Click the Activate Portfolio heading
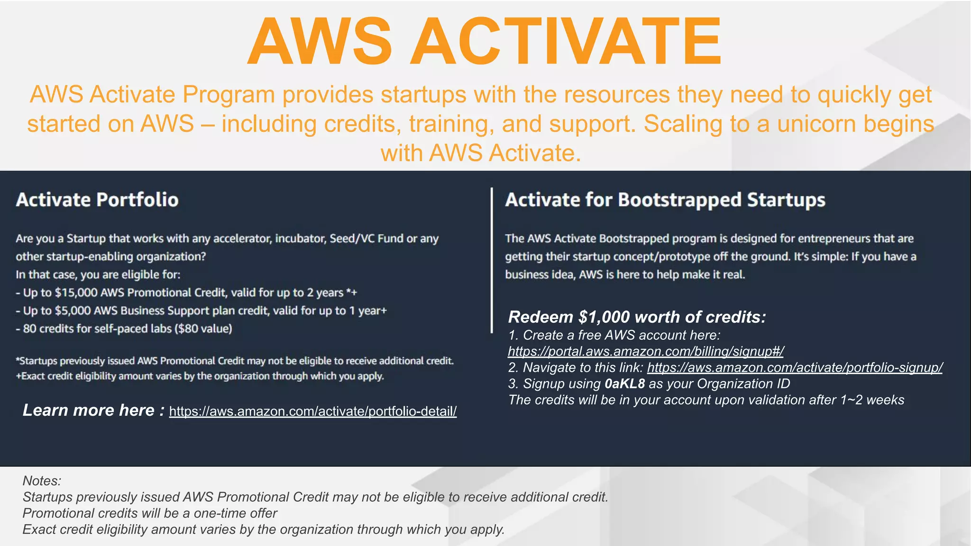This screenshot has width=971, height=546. pyautogui.click(x=97, y=200)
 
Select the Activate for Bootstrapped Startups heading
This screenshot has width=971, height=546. pyautogui.click(x=665, y=200)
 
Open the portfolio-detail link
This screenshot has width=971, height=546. pyautogui.click(x=313, y=411)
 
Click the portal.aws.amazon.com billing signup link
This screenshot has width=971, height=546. pyautogui.click(x=646, y=352)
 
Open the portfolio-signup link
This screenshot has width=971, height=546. pyautogui.click(x=795, y=368)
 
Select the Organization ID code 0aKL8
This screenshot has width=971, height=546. pyautogui.click(x=624, y=384)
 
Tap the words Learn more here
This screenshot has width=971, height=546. pyautogui.click(x=89, y=410)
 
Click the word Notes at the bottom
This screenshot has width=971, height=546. pyautogui.click(x=41, y=481)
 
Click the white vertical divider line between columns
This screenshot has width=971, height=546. pyautogui.click(x=492, y=261)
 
